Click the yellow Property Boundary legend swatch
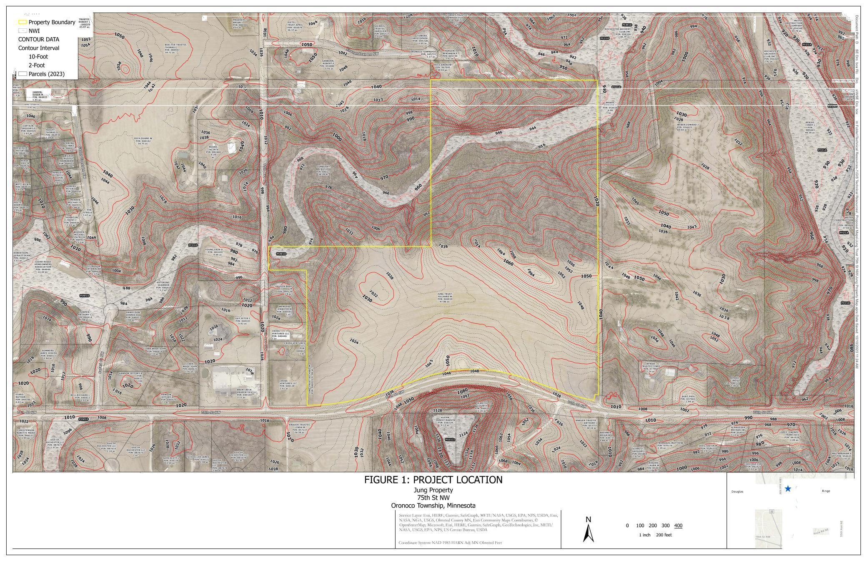tap(22, 22)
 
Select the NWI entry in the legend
tap(34, 31)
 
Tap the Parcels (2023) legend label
tap(46, 74)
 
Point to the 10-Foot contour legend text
tap(38, 57)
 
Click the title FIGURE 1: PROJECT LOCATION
tap(433, 480)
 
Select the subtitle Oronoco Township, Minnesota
tap(433, 506)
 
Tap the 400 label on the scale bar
tap(678, 526)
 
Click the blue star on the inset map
tap(788, 488)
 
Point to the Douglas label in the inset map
tap(737, 491)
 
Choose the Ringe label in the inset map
tap(826, 491)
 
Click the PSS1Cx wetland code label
tap(450, 439)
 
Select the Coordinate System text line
tap(450, 543)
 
